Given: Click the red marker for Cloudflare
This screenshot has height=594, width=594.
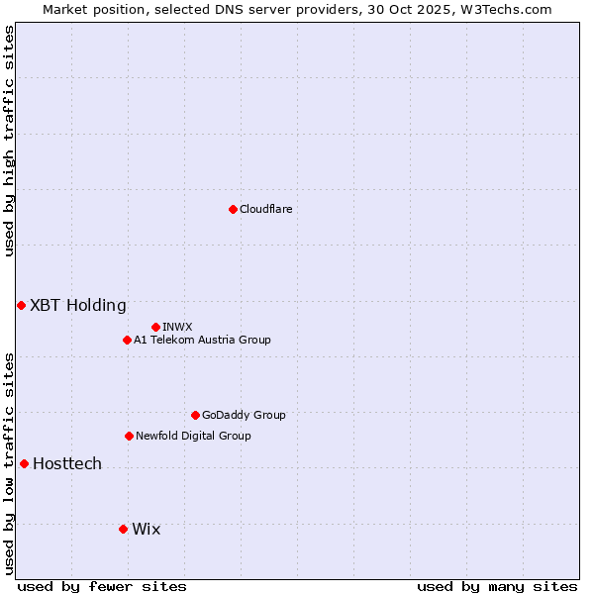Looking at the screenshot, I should pos(233,209).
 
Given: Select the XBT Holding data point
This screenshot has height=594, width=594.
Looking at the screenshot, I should pos(21,305).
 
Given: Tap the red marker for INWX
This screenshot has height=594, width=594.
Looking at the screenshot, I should pos(155,327).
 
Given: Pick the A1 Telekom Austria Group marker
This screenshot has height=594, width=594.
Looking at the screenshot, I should pos(127,340).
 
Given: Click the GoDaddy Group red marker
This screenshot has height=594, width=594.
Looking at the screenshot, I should pos(195,415).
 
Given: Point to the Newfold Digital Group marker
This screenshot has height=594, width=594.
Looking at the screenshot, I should pos(129,436).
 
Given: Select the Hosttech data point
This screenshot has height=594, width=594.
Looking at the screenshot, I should pos(24,463).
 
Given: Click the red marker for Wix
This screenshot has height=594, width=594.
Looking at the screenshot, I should pos(123,529).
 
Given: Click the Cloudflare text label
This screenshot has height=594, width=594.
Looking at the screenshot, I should pos(265,209).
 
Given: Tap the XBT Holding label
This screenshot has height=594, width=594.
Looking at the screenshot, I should pos(78,305).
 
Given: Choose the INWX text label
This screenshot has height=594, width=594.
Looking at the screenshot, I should pos(177,327).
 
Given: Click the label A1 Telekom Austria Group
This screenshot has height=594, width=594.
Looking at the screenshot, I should pos(202,340).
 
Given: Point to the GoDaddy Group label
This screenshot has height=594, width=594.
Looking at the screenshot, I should pos(244,415).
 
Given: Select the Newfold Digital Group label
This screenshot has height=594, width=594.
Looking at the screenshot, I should pos(193,436).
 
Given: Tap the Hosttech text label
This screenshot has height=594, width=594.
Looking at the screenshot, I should pos(67,463).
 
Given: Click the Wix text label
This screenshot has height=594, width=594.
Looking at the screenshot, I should pos(147,529).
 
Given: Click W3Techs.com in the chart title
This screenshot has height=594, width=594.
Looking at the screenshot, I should pos(511,9).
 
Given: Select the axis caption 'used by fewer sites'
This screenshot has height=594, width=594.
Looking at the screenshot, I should pos(102,586).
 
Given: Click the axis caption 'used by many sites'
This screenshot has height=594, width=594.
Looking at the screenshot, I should pos(497,586).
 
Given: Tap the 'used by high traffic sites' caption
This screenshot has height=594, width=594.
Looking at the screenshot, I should pos(9,141).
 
